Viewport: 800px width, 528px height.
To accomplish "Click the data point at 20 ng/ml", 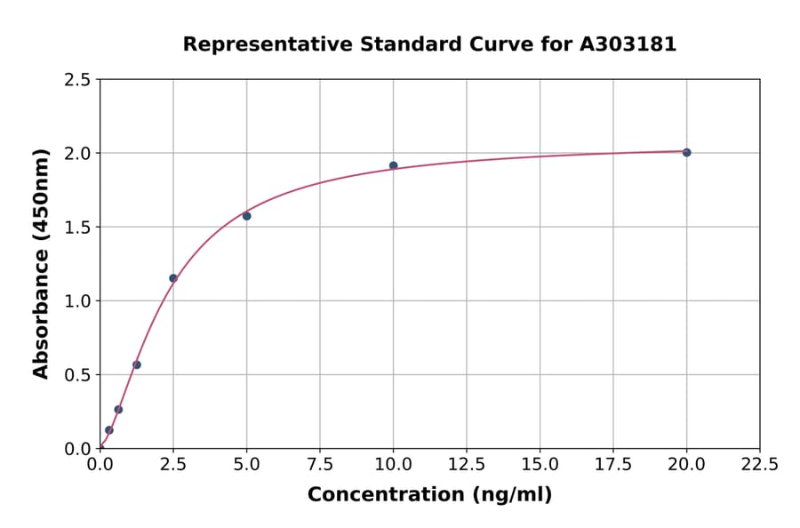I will (x=686, y=152).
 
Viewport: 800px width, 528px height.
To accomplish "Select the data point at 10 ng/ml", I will (x=394, y=165).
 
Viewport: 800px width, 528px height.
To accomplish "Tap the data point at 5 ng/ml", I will (x=247, y=216).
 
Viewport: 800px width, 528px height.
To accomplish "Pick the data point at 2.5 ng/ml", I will (x=173, y=278).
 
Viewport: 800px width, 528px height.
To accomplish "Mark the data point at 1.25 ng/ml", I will (x=137, y=364).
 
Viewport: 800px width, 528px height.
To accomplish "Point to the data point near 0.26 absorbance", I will (x=118, y=410).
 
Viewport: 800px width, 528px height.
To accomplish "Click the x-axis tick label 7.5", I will (x=320, y=464).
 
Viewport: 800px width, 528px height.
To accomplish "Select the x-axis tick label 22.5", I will (x=760, y=464).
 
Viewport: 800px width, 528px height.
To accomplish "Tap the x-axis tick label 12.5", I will (x=467, y=464).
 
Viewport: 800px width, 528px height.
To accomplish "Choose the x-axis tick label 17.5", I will (x=613, y=464).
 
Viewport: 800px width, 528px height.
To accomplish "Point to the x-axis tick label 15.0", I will (x=540, y=464).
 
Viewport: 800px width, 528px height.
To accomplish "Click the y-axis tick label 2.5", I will (x=78, y=80).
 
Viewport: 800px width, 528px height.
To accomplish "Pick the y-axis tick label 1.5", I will (x=78, y=228).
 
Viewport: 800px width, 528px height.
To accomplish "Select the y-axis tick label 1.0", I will (x=78, y=301).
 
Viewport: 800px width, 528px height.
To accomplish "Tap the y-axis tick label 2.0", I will (x=78, y=154).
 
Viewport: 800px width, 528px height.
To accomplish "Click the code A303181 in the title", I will (x=628, y=44).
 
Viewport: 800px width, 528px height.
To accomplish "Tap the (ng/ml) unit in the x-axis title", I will (x=511, y=495).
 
